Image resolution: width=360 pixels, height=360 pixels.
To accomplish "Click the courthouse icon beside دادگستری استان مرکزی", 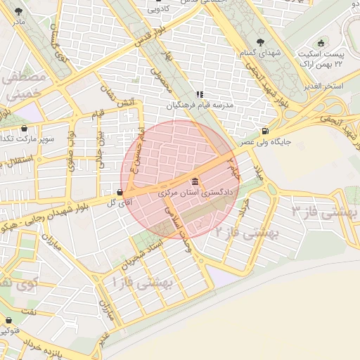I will coord(195,182).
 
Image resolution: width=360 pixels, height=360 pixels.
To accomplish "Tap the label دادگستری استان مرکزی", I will coord(194,192).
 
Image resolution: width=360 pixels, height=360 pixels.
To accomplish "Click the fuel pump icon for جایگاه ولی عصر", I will coord(264,130).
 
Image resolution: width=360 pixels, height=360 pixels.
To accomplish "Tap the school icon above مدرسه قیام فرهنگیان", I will coord(200,94).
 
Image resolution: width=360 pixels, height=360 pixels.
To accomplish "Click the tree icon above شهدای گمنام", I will coord(262,42).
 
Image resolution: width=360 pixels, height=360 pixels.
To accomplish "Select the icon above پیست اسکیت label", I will coord(322,42).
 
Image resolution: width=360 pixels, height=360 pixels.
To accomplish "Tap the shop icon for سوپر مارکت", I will coord(26,128).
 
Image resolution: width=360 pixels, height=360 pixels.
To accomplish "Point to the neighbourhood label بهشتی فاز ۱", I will coord(143,283).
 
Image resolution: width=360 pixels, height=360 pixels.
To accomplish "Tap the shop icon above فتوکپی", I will coord(8,317).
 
